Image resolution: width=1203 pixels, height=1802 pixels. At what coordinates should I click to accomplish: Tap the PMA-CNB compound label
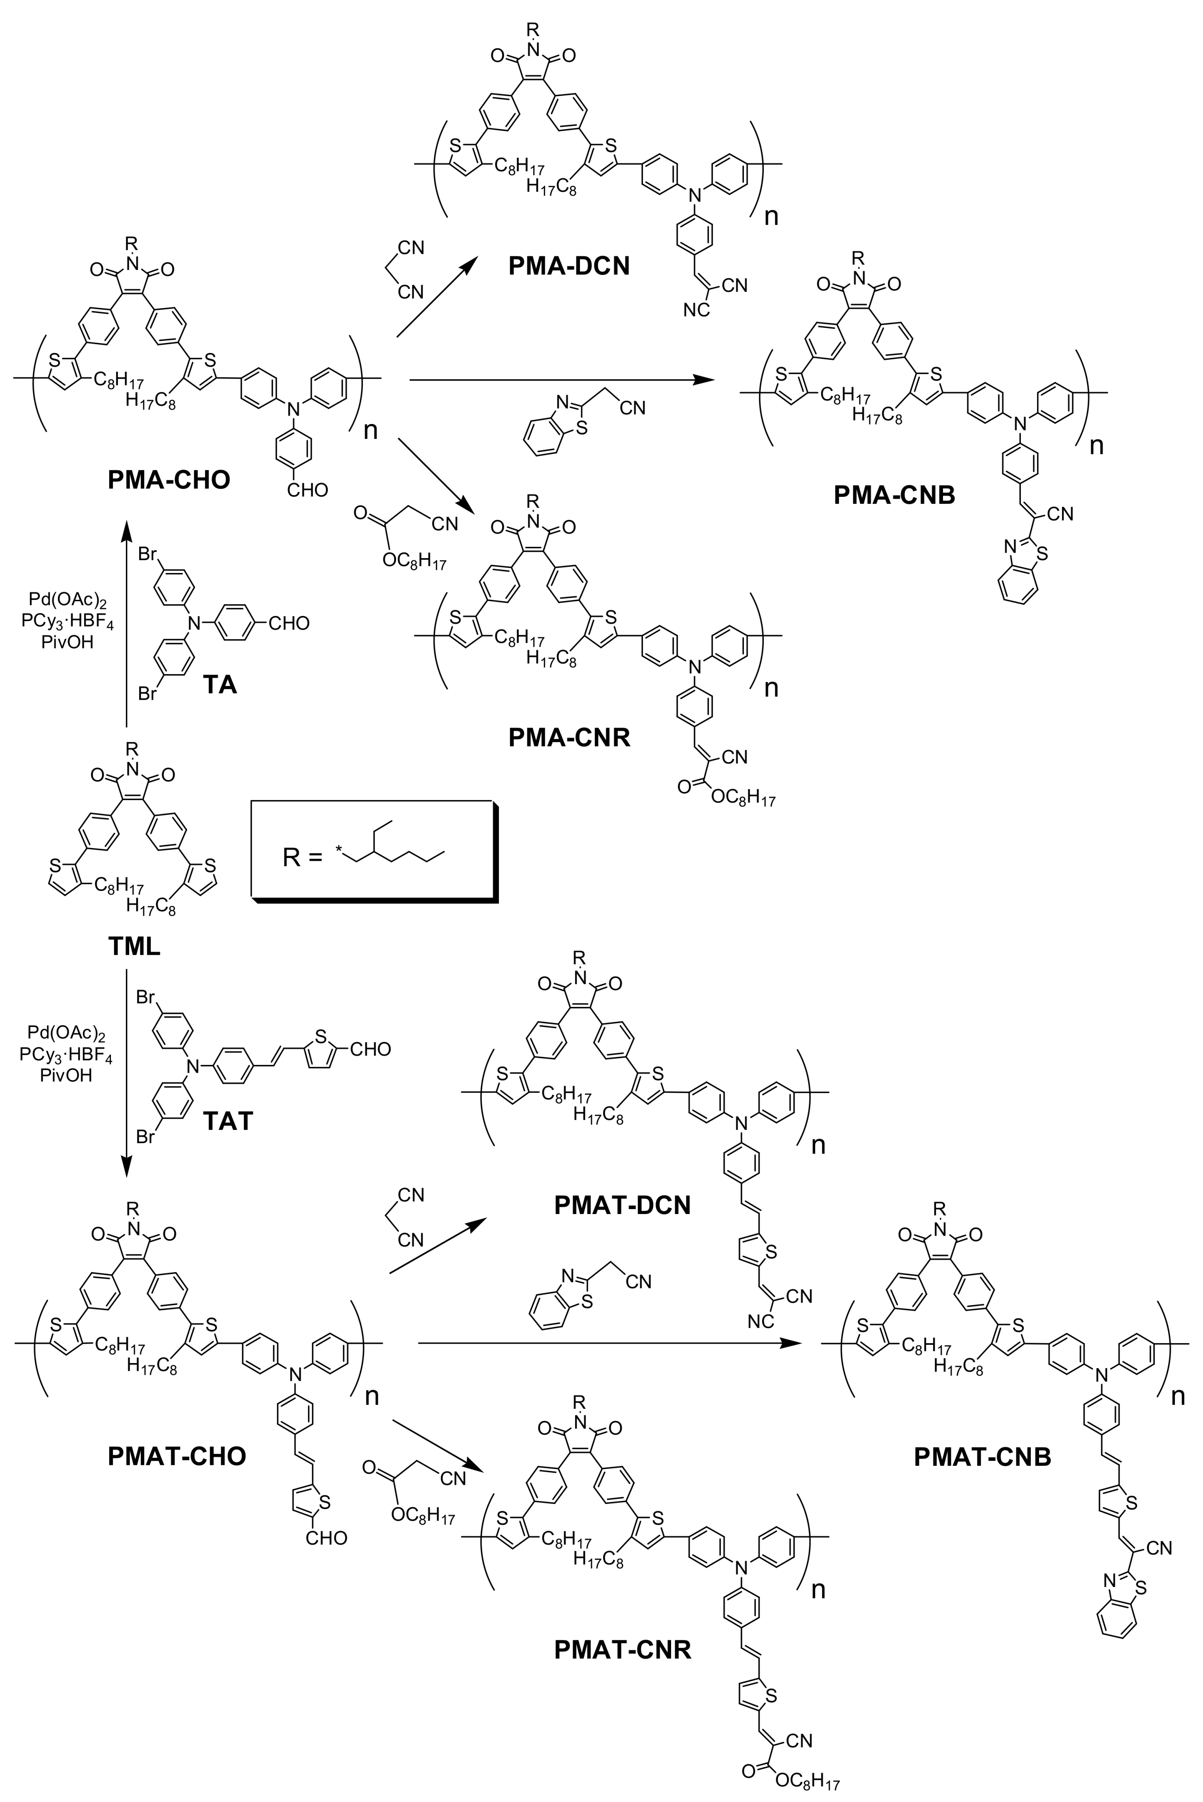tap(895, 495)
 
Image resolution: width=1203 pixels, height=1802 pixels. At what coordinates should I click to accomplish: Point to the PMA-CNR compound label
tap(568, 737)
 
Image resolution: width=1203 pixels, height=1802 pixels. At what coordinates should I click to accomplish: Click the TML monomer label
tap(134, 946)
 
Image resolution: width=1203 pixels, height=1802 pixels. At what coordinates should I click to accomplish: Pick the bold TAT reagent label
tap(228, 1121)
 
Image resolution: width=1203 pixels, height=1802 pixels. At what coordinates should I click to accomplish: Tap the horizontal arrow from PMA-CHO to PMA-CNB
tap(560, 379)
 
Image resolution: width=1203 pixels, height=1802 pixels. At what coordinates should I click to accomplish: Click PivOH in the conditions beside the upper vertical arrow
tap(67, 642)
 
